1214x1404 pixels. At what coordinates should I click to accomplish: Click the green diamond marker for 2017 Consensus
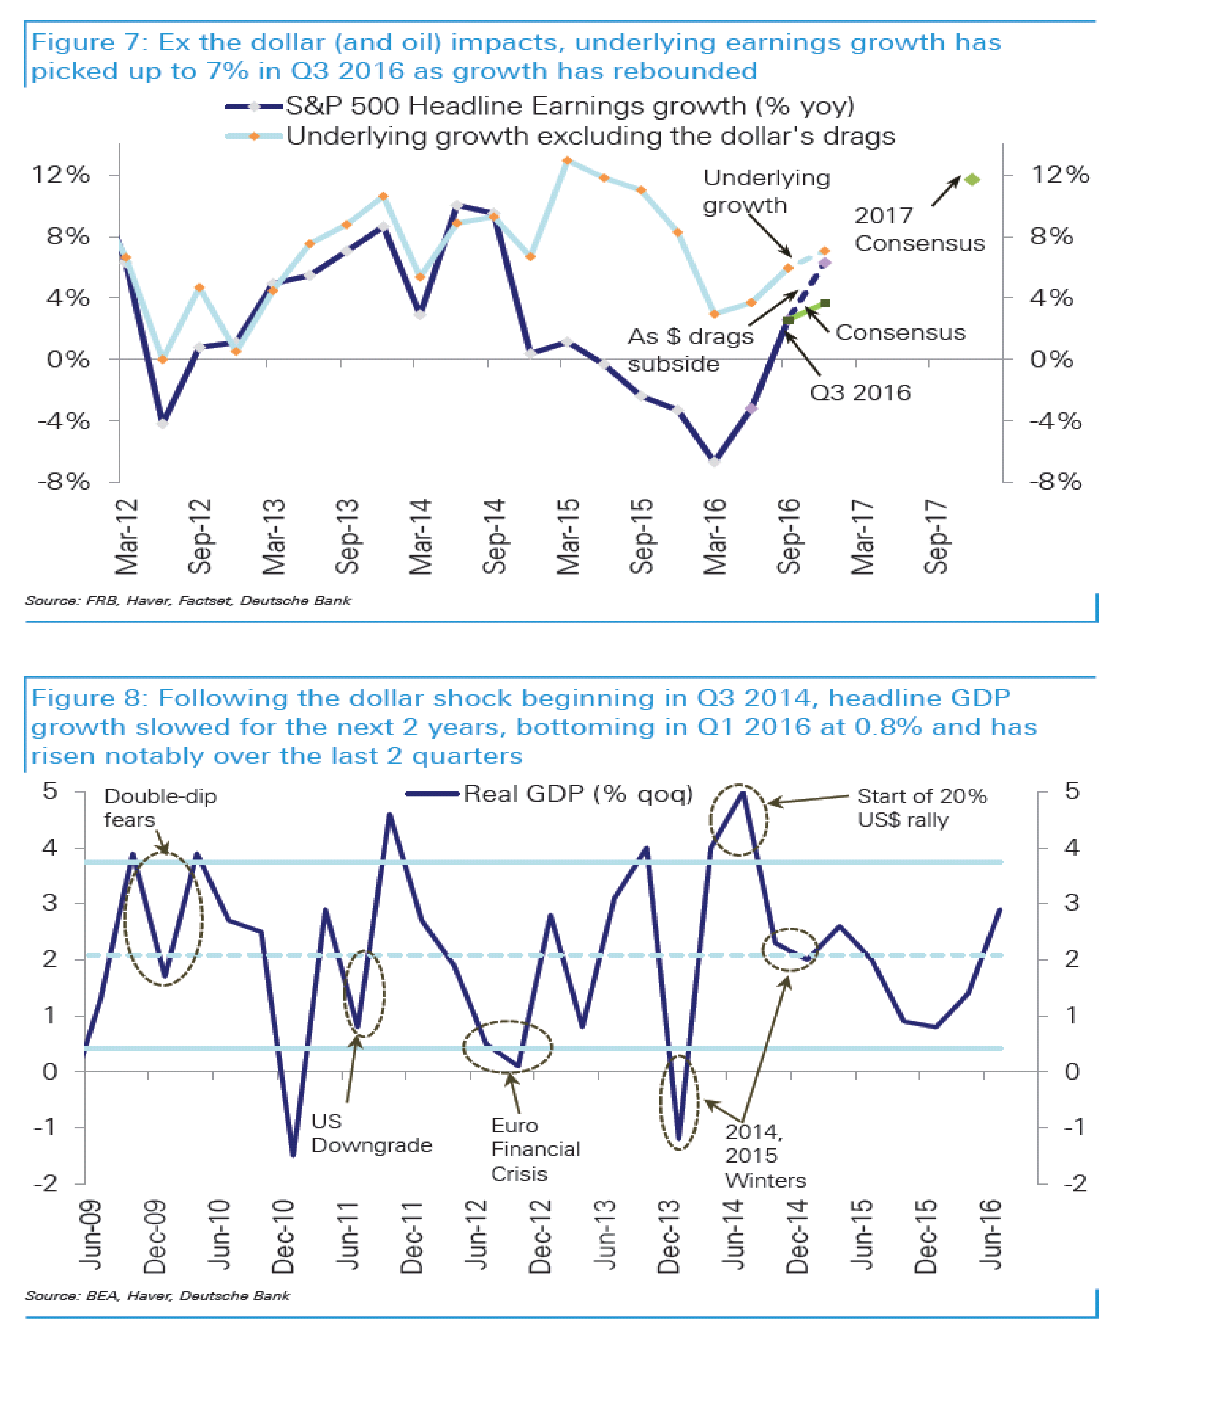[x=972, y=180]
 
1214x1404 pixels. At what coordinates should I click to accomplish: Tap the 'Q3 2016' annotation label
[x=860, y=393]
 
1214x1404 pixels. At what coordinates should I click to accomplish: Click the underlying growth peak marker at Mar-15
[x=567, y=161]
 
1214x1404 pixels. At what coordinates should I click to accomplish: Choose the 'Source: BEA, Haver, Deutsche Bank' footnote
[x=157, y=1296]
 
